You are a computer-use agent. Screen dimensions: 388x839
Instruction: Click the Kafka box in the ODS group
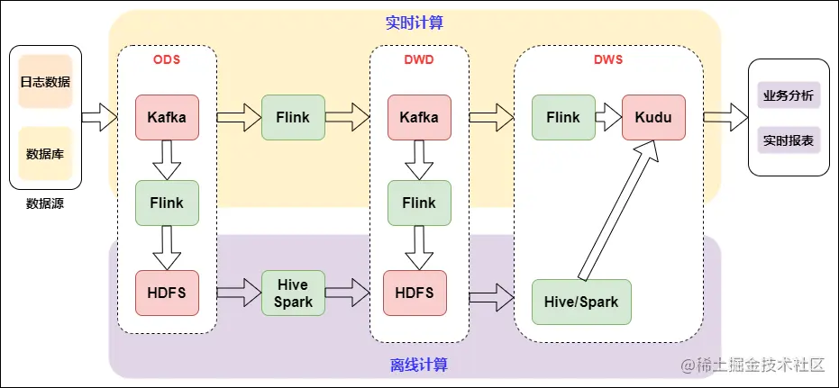tap(167, 117)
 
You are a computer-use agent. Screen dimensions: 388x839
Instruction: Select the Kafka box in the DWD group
tap(419, 117)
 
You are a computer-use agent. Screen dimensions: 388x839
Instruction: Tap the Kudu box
tap(653, 117)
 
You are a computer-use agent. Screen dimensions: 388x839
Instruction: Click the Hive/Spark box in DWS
tap(581, 302)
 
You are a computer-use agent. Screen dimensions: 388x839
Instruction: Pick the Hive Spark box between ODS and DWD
tap(294, 293)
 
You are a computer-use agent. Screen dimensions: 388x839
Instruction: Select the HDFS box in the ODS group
tap(167, 293)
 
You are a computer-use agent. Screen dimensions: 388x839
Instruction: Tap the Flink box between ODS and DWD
tap(294, 117)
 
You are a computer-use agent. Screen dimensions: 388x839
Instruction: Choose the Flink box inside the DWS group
tap(563, 117)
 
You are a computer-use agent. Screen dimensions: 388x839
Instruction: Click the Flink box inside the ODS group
tap(167, 203)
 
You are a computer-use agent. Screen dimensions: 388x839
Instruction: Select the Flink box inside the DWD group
tap(419, 203)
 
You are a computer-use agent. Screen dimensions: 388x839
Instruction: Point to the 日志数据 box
tap(45, 82)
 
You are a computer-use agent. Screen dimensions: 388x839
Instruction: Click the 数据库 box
tap(45, 153)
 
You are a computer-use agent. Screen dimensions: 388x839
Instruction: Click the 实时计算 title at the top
tap(415, 23)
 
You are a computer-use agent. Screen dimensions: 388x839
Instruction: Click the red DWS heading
tap(608, 60)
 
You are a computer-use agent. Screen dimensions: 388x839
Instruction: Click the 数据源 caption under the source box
tap(45, 203)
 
